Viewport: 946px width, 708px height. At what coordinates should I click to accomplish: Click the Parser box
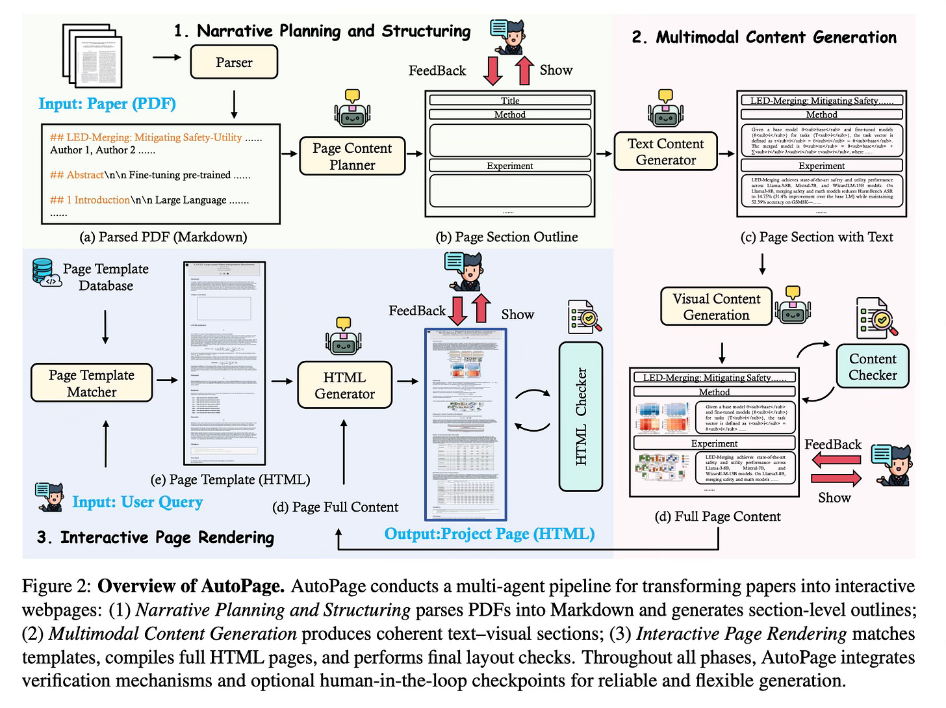(234, 62)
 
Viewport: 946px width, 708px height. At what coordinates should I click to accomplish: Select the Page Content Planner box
(352, 157)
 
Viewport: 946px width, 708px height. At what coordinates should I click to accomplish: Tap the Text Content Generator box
(665, 151)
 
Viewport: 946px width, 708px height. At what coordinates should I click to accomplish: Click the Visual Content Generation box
(716, 307)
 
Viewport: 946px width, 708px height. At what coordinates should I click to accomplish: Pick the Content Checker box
(872, 367)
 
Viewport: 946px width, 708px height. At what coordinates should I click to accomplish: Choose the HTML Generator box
(344, 386)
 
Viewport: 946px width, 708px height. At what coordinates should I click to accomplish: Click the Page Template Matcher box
(92, 383)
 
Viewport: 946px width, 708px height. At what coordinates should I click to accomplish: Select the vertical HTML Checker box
(581, 417)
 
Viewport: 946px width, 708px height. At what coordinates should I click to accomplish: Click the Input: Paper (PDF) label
(107, 104)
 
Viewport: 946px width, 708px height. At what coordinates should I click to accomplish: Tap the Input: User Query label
(137, 502)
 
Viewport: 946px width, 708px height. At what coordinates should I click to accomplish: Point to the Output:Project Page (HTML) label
(489, 534)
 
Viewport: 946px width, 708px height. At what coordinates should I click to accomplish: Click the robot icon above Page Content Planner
(352, 109)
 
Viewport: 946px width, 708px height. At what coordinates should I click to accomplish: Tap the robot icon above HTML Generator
(344, 336)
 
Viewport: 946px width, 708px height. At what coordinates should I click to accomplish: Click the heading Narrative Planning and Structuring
(322, 31)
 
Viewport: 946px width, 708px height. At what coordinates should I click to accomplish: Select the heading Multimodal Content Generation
(763, 38)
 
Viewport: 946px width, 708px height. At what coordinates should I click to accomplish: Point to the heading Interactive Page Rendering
(156, 538)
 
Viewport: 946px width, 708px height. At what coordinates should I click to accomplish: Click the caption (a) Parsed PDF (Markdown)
(163, 237)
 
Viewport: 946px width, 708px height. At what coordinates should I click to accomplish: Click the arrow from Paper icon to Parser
(167, 57)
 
